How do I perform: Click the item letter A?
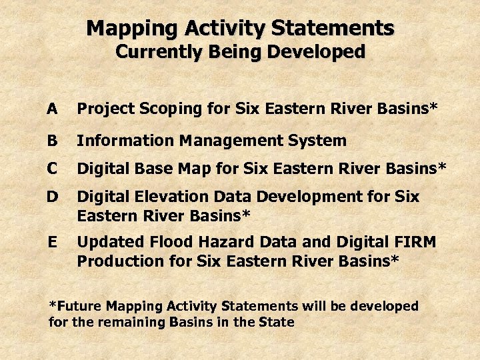[x=53, y=109]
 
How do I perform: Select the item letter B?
[x=53, y=141]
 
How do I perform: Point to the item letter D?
[x=53, y=197]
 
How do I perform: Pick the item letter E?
[x=53, y=242]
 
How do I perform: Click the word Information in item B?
[x=119, y=141]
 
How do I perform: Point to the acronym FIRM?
[x=415, y=242]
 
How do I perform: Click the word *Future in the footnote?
[x=75, y=307]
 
